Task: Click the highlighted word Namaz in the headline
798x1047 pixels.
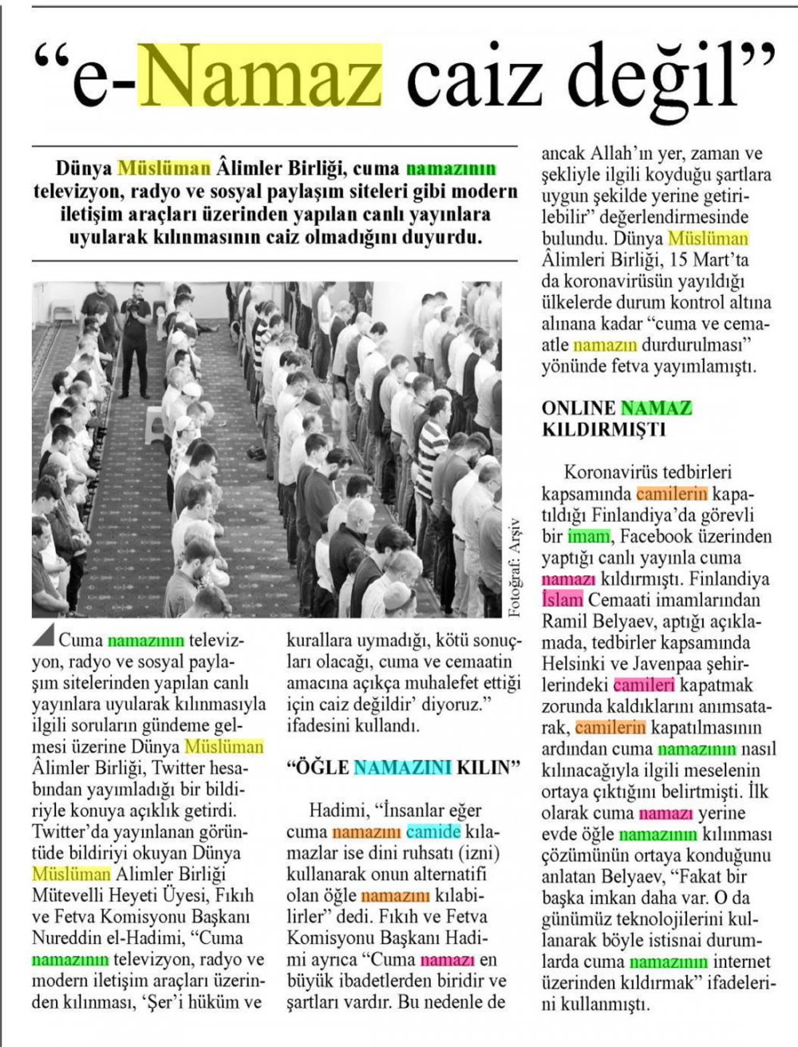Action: pyautogui.click(x=260, y=77)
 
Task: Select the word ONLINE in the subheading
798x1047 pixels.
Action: pyautogui.click(x=577, y=409)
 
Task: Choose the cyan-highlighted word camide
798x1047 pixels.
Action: pyautogui.click(x=433, y=832)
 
